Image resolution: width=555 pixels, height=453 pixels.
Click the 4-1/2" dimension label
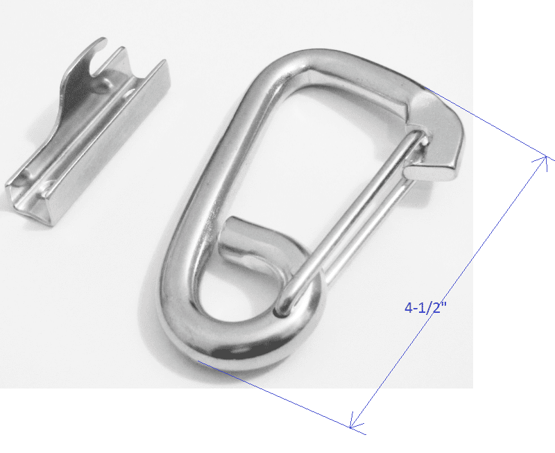tap(426, 307)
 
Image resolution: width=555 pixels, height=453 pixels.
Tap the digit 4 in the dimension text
tap(409, 307)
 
